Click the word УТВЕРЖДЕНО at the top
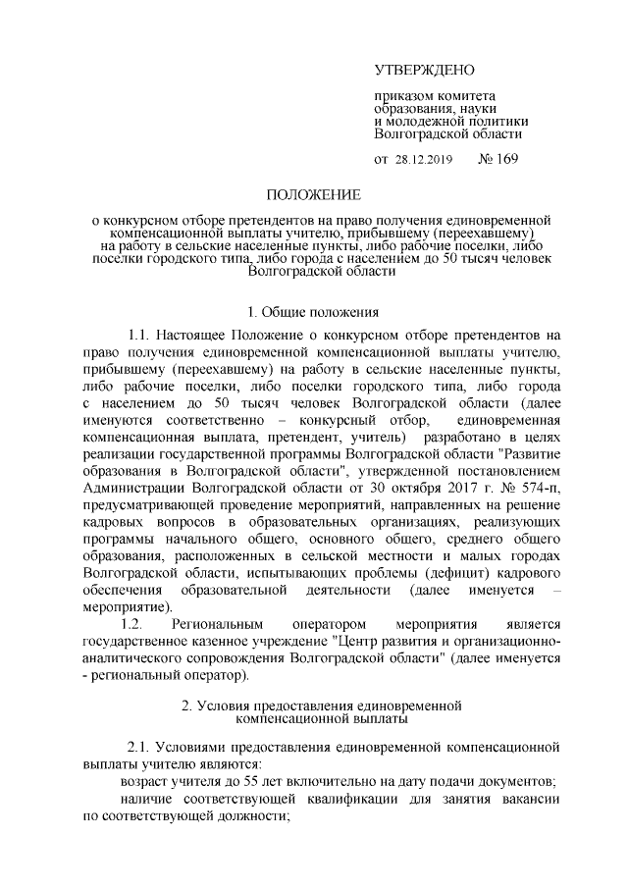(x=424, y=70)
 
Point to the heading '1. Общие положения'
(x=314, y=313)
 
